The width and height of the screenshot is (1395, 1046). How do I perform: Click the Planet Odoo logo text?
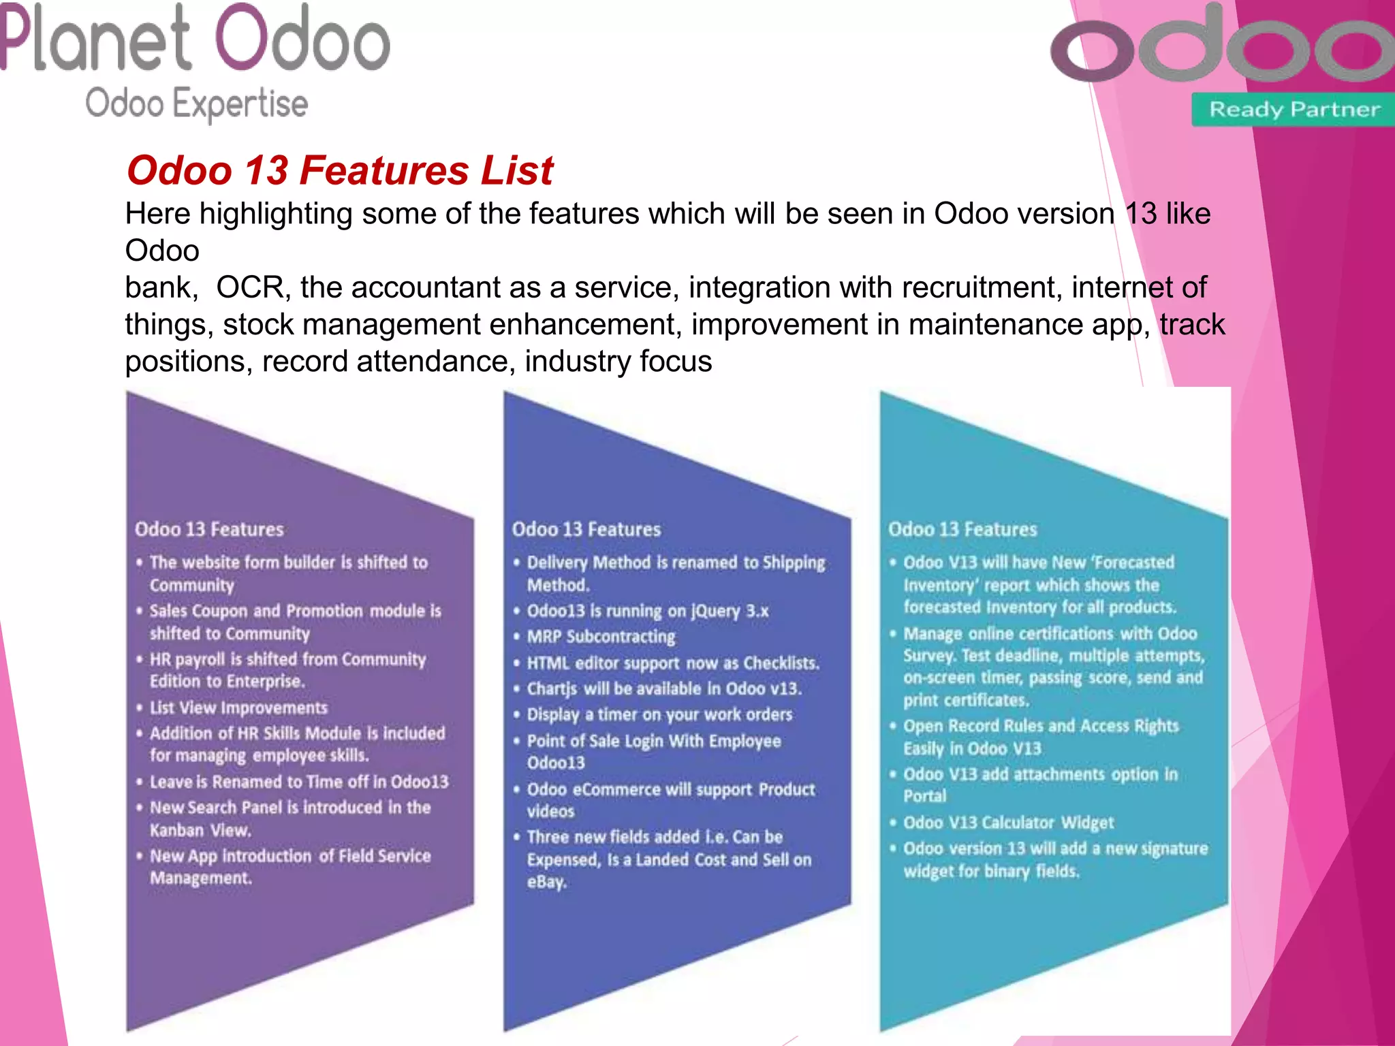click(195, 39)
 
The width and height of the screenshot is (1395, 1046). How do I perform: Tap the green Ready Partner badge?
click(1294, 109)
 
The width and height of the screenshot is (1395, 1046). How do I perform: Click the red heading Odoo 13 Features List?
click(339, 170)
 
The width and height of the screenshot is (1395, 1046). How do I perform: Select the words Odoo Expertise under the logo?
click(196, 104)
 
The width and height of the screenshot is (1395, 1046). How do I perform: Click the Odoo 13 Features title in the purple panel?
click(209, 529)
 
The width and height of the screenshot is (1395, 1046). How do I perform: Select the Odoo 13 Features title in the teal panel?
click(962, 529)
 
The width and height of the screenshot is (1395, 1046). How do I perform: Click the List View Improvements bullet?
click(238, 708)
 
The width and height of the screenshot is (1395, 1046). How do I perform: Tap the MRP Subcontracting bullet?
click(601, 637)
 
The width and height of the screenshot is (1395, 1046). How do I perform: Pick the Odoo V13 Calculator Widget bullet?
click(1008, 823)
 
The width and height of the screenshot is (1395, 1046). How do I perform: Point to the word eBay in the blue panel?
click(546, 882)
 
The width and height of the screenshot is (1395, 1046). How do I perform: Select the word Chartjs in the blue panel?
click(552, 688)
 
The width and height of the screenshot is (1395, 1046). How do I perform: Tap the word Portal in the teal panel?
click(925, 796)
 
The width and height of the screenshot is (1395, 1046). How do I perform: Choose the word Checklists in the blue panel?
click(781, 663)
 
